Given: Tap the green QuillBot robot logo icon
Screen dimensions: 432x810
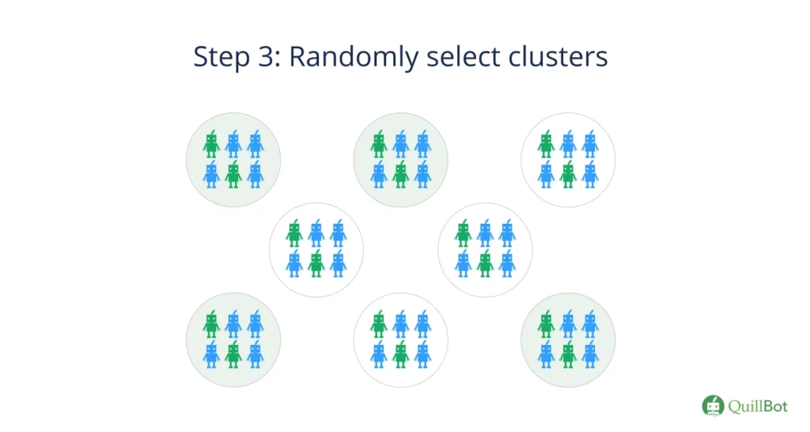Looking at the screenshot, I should (713, 405).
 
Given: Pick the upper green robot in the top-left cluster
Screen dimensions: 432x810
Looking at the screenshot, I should (210, 145).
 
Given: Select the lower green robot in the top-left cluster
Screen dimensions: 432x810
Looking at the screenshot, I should (233, 175).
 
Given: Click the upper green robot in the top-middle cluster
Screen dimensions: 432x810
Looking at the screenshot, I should (379, 145).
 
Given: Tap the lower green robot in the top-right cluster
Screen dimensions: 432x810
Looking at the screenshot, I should (568, 175).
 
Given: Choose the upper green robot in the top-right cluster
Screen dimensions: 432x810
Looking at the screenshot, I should (546, 145).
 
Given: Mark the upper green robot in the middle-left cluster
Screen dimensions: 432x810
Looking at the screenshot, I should (294, 234).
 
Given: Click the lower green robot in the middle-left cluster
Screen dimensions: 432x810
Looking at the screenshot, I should (316, 264).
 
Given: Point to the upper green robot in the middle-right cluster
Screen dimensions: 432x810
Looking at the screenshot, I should (463, 234).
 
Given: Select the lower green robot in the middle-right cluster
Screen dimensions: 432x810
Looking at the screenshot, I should (485, 264).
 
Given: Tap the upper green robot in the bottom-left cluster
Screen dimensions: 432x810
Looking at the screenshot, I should (210, 324).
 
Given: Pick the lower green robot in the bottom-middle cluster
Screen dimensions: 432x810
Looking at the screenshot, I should (401, 354).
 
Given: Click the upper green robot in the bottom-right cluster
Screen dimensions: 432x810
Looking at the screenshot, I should (546, 324).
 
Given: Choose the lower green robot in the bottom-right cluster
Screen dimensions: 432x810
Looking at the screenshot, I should (568, 354).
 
